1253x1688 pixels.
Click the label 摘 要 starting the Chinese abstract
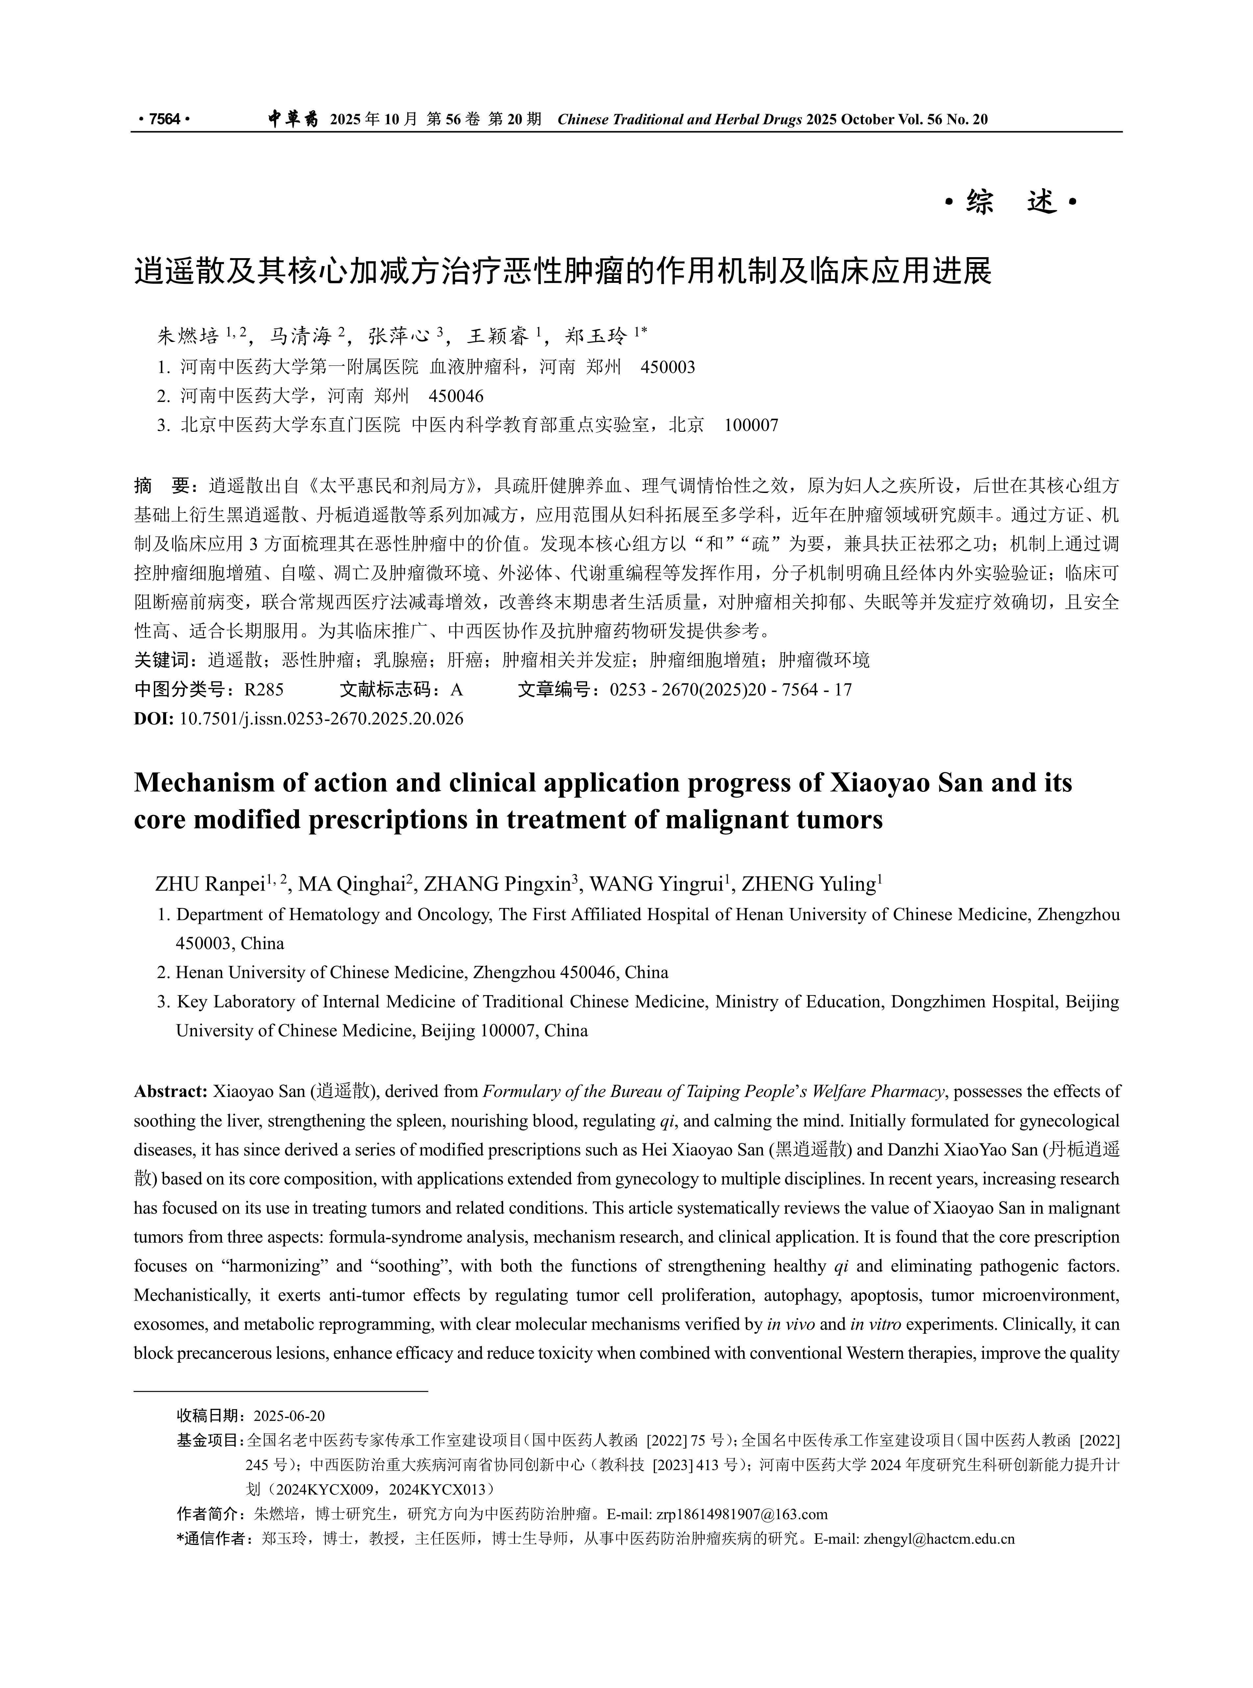tap(165, 486)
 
